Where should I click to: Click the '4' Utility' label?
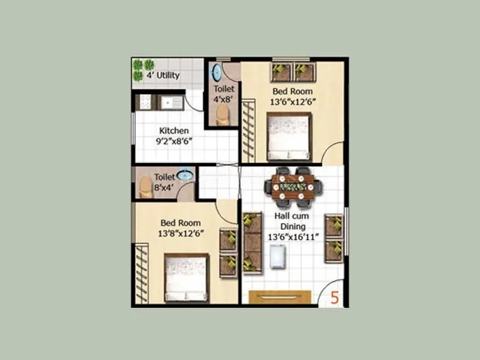(x=164, y=76)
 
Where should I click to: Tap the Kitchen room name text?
(x=174, y=131)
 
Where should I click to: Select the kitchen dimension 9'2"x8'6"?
(x=174, y=142)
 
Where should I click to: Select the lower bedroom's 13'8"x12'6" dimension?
(x=185, y=233)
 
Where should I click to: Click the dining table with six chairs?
(x=293, y=187)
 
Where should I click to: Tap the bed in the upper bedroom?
(x=289, y=137)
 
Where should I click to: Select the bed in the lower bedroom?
(x=187, y=277)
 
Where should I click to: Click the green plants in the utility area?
(x=143, y=70)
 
